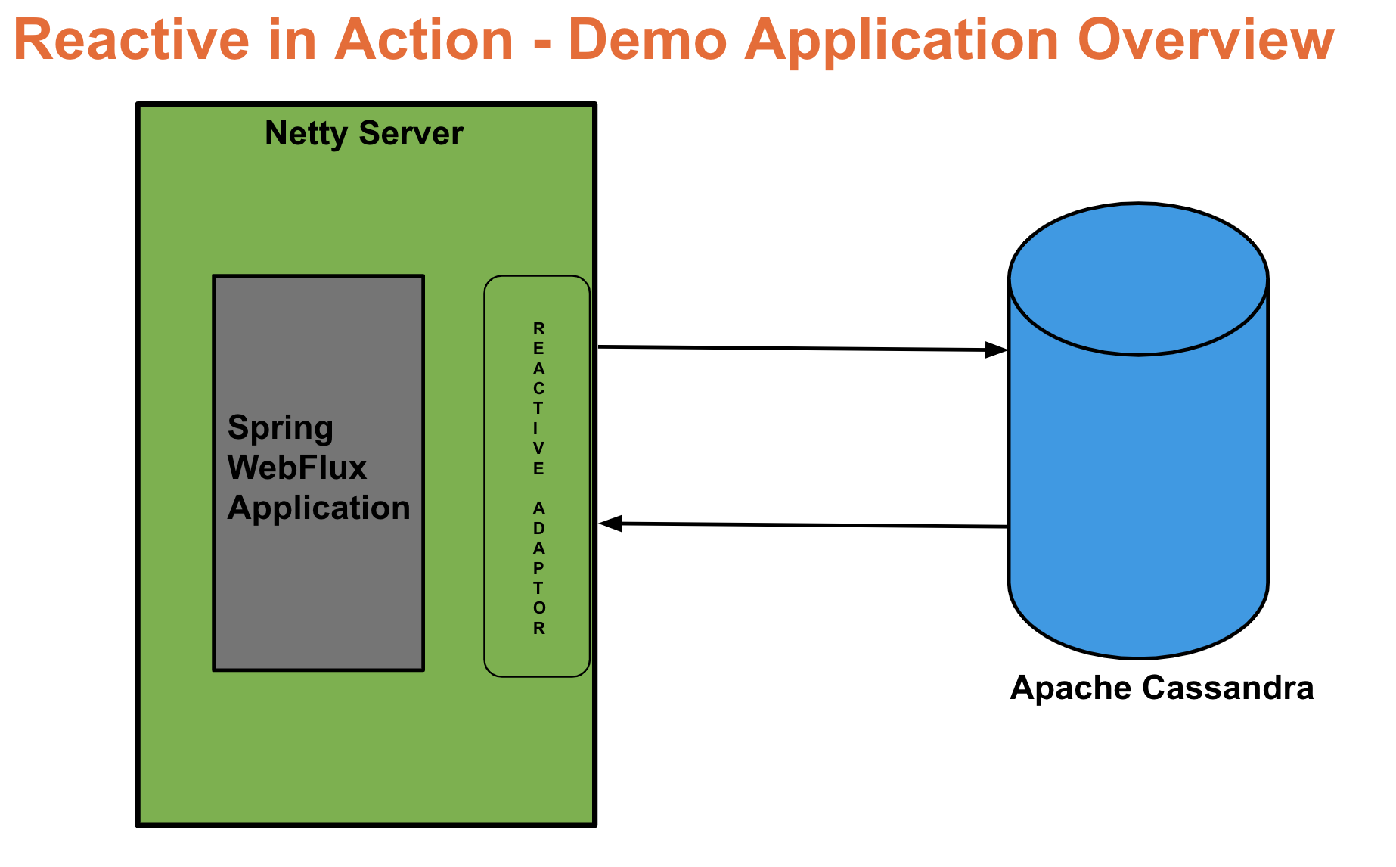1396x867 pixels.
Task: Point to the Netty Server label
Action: tap(364, 134)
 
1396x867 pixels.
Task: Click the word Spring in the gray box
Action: tap(280, 428)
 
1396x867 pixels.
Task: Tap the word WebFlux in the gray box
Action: tap(296, 468)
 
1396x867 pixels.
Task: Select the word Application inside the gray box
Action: tap(318, 508)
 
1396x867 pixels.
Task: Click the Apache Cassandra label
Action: tap(1162, 688)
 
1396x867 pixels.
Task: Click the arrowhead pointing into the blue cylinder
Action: tap(997, 350)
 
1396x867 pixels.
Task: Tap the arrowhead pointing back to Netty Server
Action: tap(610, 523)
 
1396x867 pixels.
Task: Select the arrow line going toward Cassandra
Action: tap(794, 348)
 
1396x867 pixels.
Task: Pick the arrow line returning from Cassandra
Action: tap(809, 524)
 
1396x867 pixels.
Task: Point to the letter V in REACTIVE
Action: tap(538, 448)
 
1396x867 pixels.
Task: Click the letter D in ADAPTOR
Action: tap(538, 528)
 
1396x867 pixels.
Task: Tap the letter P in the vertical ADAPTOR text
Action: tap(538, 568)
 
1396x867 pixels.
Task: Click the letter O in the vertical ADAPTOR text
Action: tap(538, 608)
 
